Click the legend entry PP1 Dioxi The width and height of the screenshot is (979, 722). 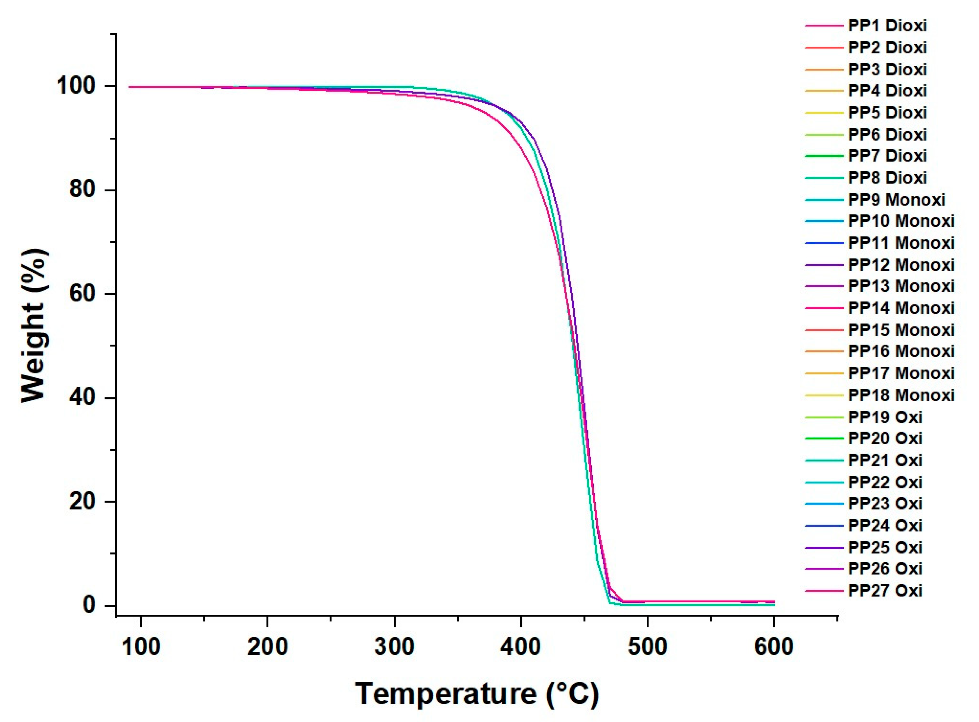887,26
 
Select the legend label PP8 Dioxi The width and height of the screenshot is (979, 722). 887,178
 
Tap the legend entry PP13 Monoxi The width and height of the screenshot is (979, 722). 901,286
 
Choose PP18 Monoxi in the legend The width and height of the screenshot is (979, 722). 901,395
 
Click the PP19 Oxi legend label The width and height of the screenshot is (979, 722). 885,417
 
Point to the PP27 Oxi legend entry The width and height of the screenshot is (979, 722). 885,590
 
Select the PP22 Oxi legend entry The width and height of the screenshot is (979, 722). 885,482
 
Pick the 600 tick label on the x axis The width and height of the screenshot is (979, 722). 774,646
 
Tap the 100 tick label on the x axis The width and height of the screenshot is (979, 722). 141,646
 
